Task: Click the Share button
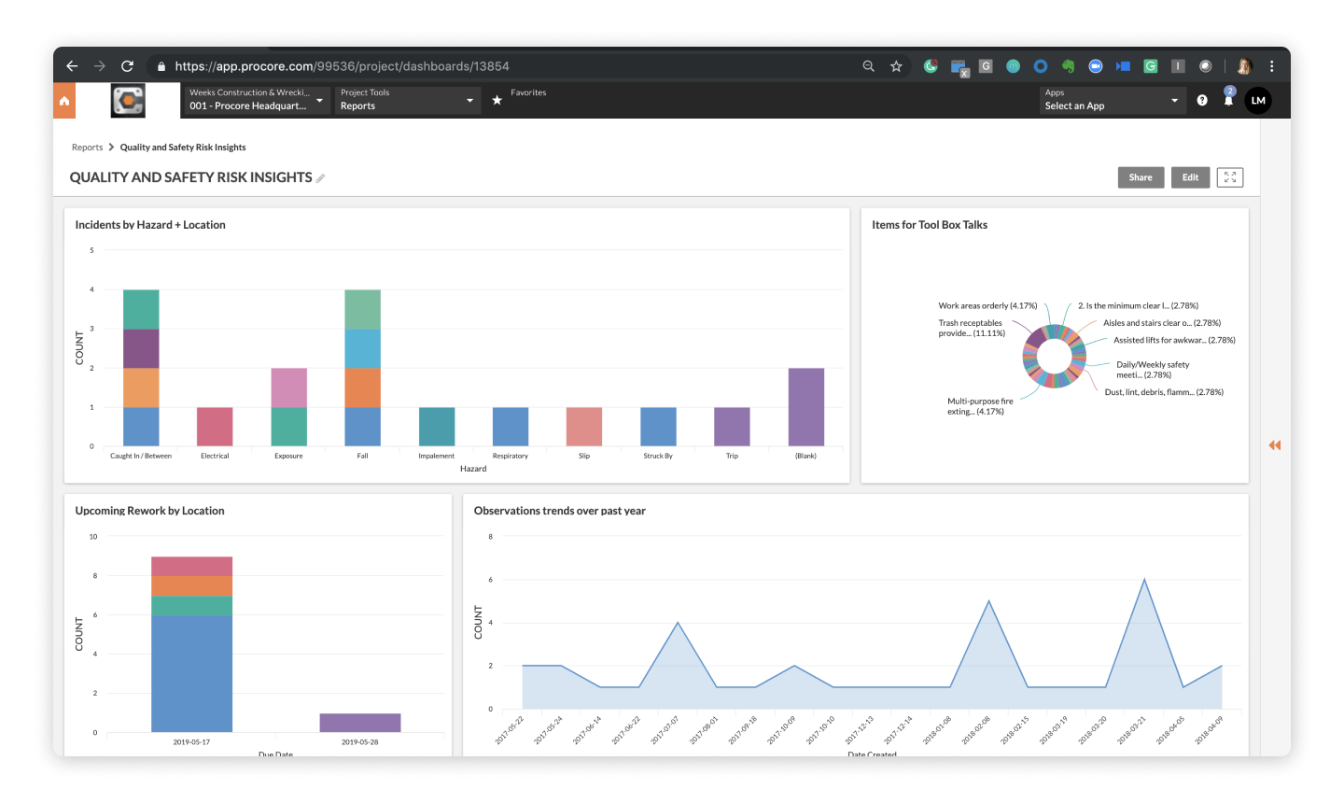(x=1141, y=177)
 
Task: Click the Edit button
(x=1190, y=177)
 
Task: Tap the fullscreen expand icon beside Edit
(x=1230, y=177)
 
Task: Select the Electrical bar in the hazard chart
(x=215, y=427)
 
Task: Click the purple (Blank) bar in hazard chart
(x=805, y=407)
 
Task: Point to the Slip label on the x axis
(x=584, y=456)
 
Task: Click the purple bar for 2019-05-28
(x=360, y=723)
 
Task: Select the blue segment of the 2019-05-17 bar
(x=191, y=673)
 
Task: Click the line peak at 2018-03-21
(x=1144, y=580)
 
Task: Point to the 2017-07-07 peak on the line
(x=678, y=623)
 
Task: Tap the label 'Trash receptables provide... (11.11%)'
(x=971, y=328)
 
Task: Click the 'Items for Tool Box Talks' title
(x=929, y=225)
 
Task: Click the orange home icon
(x=64, y=101)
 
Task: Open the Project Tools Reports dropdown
(x=407, y=100)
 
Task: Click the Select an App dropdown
(x=1112, y=100)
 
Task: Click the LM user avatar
(x=1257, y=101)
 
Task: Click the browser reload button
(x=128, y=66)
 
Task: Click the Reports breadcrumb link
(x=87, y=148)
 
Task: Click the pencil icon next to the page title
(x=320, y=178)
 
